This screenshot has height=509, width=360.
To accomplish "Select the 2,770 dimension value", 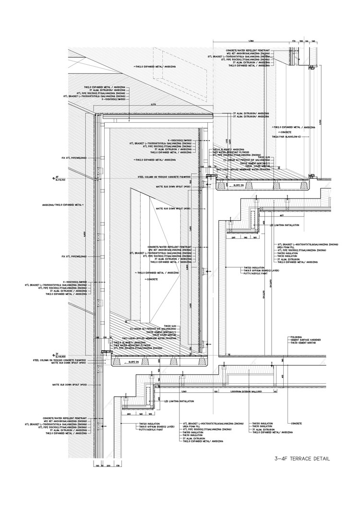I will pyautogui.click(x=154, y=104).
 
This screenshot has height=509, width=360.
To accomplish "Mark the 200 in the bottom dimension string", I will pyautogui.click(x=108, y=465).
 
